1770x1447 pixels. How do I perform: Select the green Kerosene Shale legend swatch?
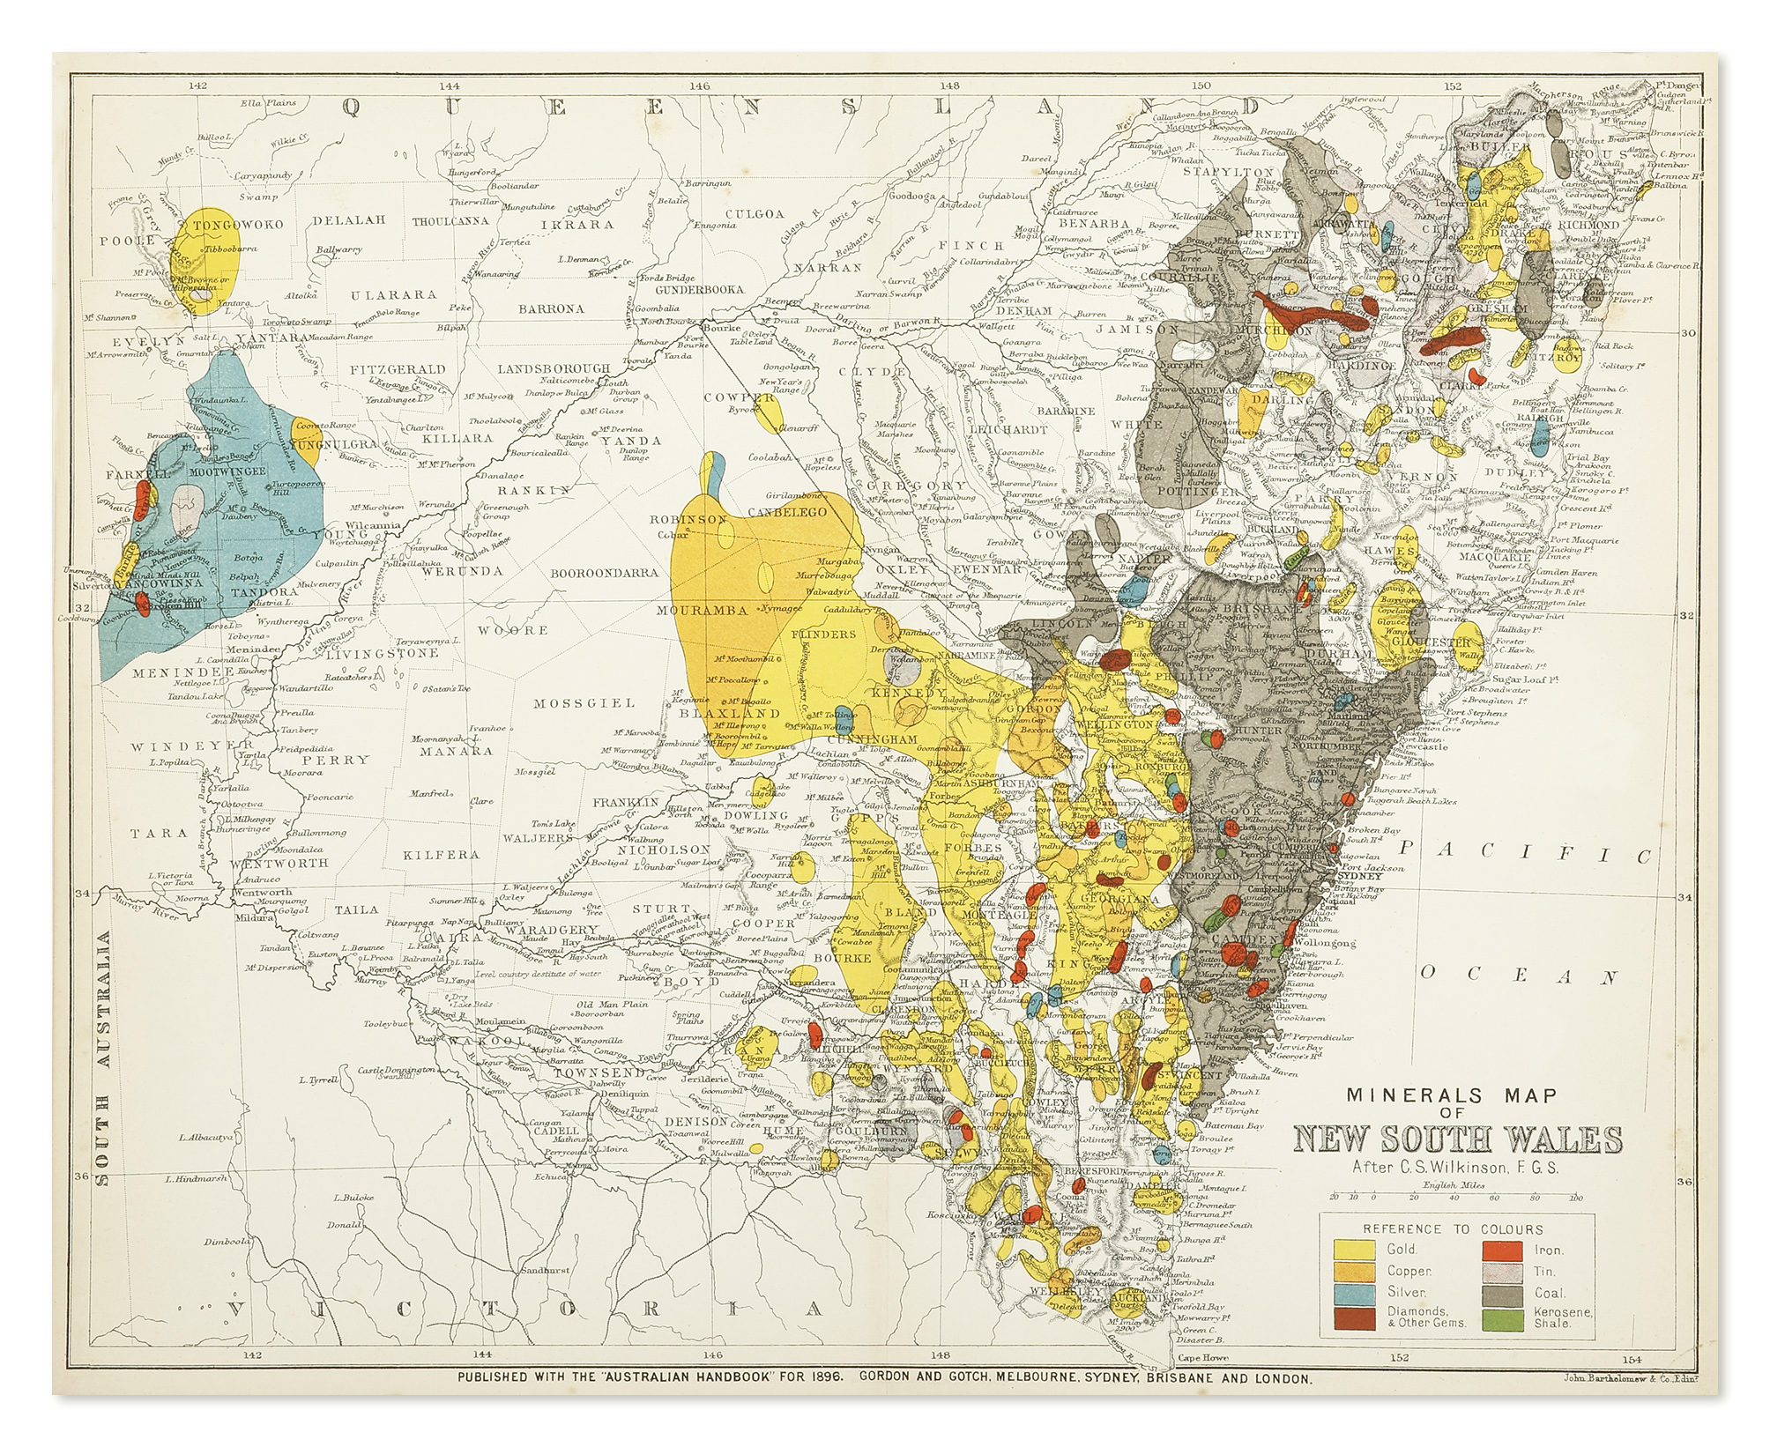tap(1504, 1318)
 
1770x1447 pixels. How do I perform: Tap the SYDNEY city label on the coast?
tap(1358, 876)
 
